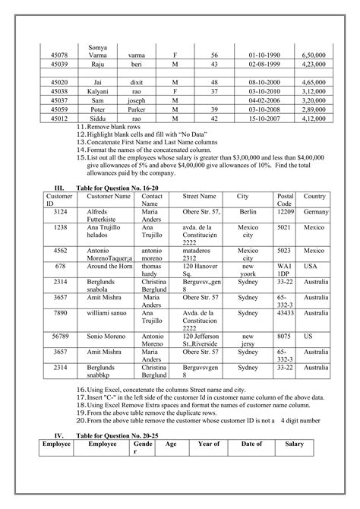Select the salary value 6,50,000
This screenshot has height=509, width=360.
313,56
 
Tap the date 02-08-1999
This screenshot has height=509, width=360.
262,66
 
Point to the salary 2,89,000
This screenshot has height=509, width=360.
313,110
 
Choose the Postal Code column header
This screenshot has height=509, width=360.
286,200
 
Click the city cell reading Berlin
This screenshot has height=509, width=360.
248,211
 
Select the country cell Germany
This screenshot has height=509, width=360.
314,211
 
